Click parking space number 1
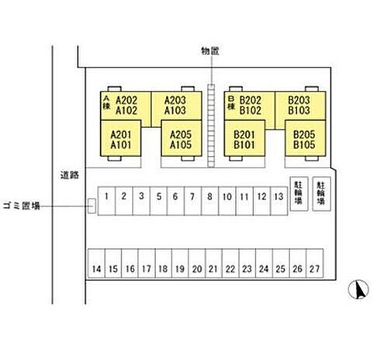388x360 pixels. (x=106, y=201)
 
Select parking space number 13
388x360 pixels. (x=279, y=201)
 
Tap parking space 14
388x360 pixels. (x=96, y=263)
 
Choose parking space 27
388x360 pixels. (x=315, y=263)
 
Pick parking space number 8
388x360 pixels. (x=210, y=201)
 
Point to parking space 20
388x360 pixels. (x=197, y=263)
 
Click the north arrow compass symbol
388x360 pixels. (x=359, y=289)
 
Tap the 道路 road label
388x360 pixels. (x=70, y=175)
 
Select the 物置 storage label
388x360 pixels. (x=210, y=51)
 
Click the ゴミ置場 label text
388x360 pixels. (x=22, y=206)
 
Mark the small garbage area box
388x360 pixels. (x=92, y=206)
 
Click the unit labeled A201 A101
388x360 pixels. (x=120, y=138)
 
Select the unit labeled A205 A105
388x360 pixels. (x=182, y=138)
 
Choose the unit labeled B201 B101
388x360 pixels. (x=244, y=138)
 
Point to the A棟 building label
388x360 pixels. (x=106, y=102)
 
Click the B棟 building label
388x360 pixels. (x=231, y=103)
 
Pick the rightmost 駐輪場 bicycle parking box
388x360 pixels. (x=321, y=194)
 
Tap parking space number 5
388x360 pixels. (x=158, y=201)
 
